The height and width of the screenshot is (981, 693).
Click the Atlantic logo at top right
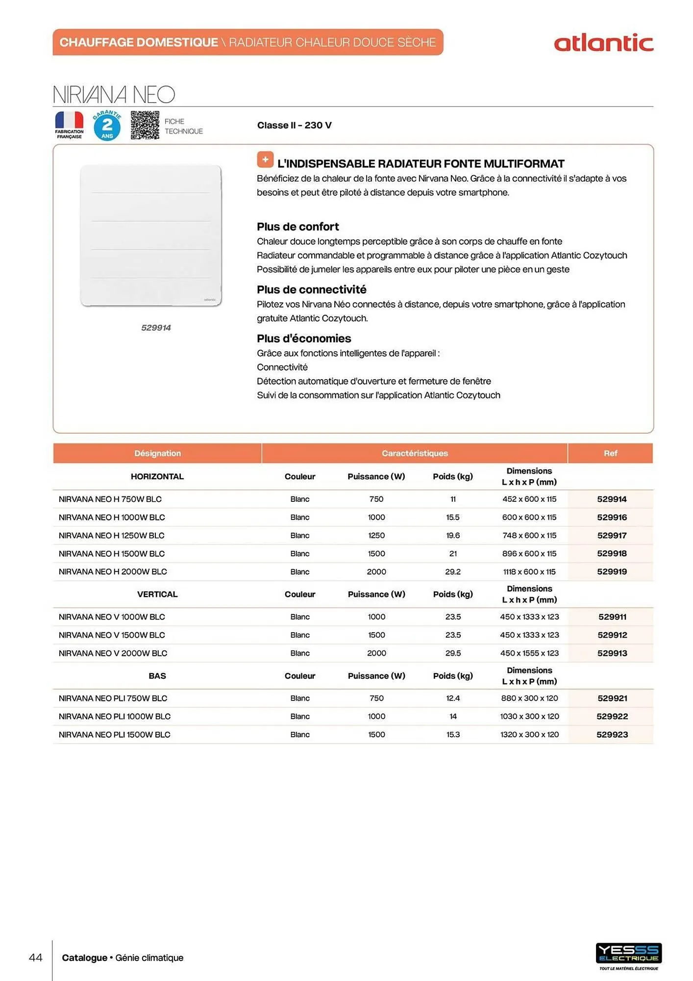[x=603, y=43]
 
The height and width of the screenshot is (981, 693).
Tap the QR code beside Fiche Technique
[x=145, y=125]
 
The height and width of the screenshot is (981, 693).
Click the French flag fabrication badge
[x=69, y=125]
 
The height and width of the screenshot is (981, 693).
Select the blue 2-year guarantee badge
[x=107, y=126]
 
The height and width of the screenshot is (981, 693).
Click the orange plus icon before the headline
[x=265, y=159]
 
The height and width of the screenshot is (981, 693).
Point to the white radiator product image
[x=151, y=235]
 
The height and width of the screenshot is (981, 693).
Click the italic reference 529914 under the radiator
[x=156, y=328]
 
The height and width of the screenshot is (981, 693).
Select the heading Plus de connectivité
[x=311, y=289]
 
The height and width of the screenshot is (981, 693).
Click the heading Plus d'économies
[x=304, y=338]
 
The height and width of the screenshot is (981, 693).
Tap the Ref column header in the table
[x=610, y=453]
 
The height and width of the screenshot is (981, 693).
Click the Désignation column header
[x=157, y=453]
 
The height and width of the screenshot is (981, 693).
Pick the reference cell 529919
[x=612, y=571]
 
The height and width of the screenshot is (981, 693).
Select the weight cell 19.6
[x=453, y=536]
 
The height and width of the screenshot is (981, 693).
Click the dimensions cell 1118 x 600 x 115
[x=529, y=571]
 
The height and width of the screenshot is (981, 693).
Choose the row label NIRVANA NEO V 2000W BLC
[x=113, y=653]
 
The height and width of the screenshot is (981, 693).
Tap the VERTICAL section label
[x=157, y=594]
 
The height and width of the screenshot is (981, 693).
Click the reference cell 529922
[x=612, y=717]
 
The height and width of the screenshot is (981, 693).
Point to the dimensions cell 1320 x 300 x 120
[x=529, y=735]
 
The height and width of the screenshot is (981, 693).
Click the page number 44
[x=36, y=957]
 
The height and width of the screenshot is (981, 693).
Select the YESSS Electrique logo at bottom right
[x=629, y=954]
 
